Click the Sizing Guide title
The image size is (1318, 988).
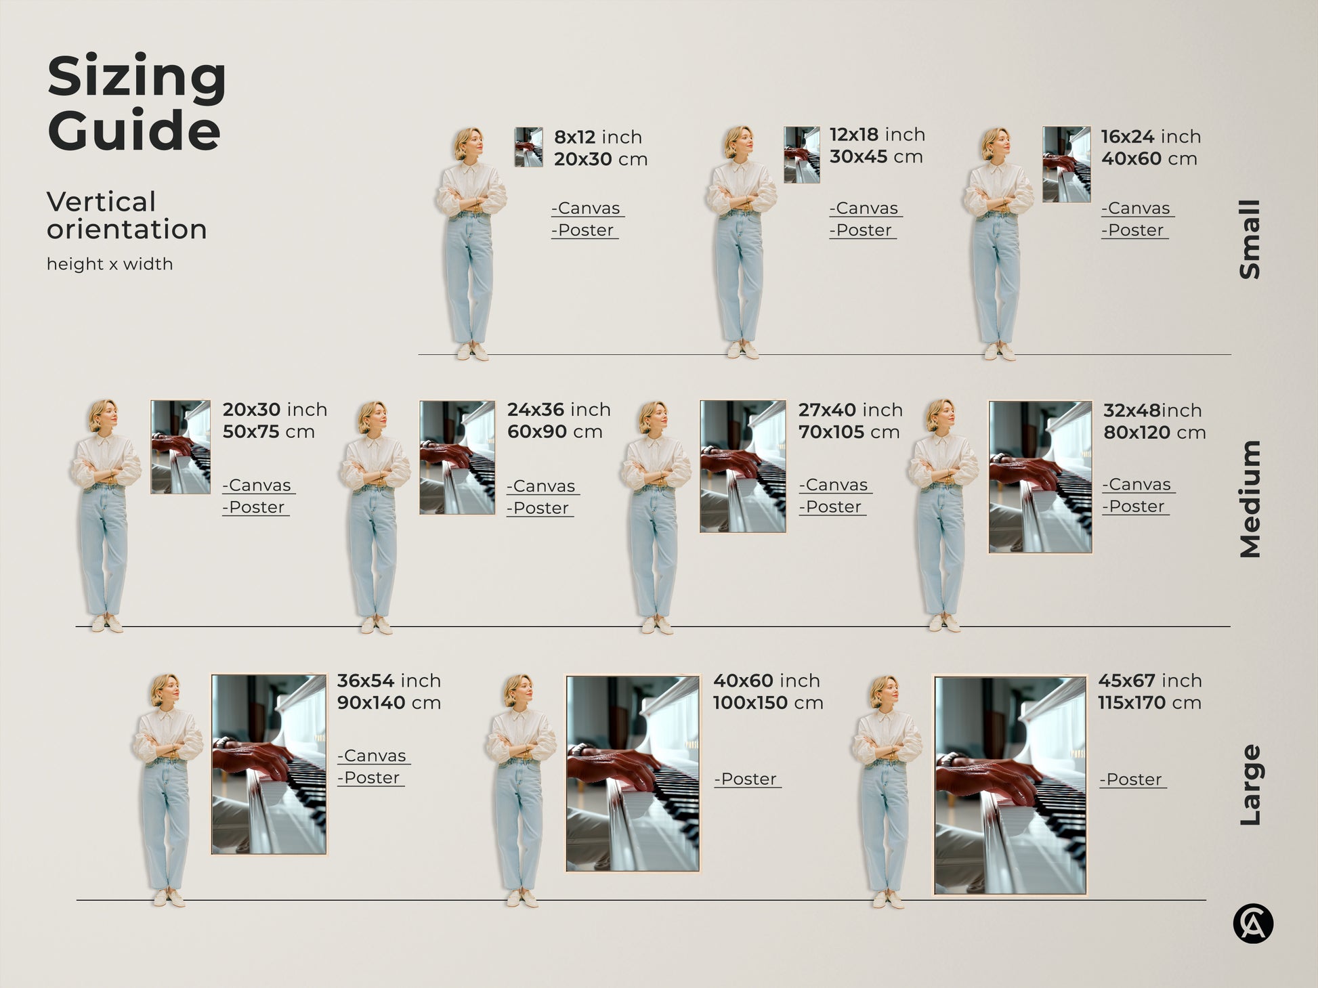pos(136,103)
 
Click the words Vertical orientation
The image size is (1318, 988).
pos(126,215)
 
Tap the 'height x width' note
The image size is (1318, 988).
pos(110,264)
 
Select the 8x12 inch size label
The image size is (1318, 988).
pos(597,137)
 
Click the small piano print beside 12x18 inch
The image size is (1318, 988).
pos(801,154)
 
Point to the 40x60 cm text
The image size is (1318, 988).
pos(1149,159)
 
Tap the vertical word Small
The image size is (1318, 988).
pos(1250,239)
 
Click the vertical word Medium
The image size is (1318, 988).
pos(1250,499)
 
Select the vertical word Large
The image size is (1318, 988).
pos(1250,785)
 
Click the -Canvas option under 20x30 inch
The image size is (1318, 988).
pos(257,486)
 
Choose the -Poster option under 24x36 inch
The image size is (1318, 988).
pos(540,508)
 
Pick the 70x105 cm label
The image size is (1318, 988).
pos(849,432)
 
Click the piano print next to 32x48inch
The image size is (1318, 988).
pos(1040,477)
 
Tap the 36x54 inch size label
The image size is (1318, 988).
pos(389,681)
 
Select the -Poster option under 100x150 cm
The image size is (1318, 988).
pos(747,779)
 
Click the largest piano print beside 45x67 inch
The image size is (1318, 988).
pos(1010,785)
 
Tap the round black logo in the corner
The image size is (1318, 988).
pos(1252,924)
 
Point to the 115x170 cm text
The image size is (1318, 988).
pos(1149,703)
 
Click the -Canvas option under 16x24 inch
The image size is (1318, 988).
pos(1137,209)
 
